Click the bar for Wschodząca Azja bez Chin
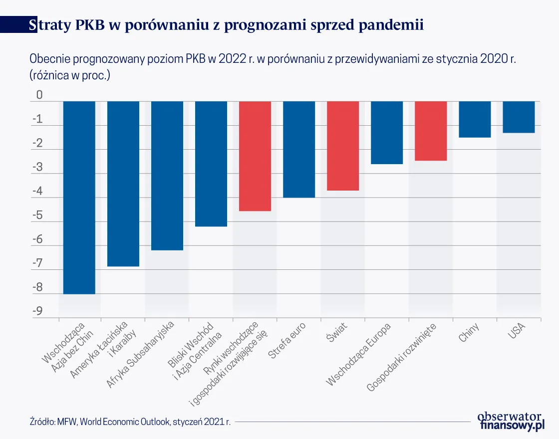(79, 198)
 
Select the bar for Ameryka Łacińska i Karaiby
(123, 184)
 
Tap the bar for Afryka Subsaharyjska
(167, 176)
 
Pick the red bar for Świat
(343, 146)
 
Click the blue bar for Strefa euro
(299, 150)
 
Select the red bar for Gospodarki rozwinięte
(431, 131)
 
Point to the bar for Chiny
(475, 119)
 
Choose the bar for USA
(519, 117)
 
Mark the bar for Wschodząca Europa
(387, 133)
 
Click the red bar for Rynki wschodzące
(255, 156)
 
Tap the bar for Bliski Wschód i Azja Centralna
(211, 164)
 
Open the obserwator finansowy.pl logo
(511, 421)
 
